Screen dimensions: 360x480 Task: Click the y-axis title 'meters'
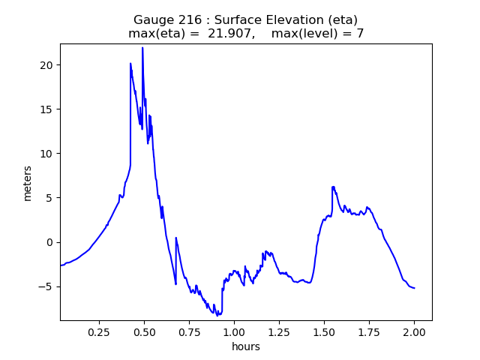(28, 182)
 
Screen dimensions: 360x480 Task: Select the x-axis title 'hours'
(246, 346)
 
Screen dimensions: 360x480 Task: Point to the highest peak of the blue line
(142, 48)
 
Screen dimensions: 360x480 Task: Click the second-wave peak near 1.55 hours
(332, 187)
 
